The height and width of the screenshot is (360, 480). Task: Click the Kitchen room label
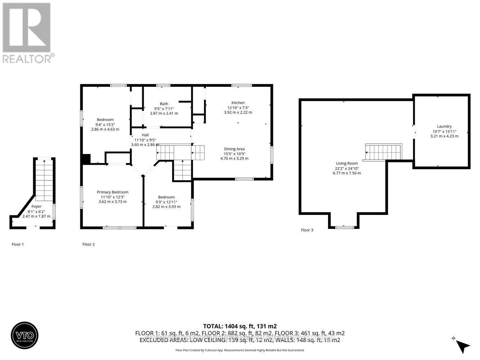(238, 103)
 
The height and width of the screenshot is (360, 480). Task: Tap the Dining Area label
(234, 149)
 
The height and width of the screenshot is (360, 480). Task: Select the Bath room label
(164, 104)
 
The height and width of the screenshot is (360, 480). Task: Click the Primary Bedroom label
(112, 192)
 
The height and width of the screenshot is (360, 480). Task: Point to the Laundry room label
(444, 126)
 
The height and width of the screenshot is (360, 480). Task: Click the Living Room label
(347, 163)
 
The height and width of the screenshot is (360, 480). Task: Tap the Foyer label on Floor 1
(36, 206)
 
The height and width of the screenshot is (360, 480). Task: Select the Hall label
(145, 135)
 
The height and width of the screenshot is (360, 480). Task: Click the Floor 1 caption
(18, 244)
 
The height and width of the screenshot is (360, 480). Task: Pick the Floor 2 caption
(89, 244)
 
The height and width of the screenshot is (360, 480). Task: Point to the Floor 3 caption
(307, 230)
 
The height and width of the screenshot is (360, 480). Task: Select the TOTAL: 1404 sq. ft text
(240, 326)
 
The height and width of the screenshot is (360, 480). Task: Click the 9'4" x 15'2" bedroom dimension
(105, 124)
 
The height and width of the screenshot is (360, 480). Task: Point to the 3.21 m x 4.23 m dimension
(444, 136)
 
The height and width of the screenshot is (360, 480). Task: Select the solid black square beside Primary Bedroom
(86, 159)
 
